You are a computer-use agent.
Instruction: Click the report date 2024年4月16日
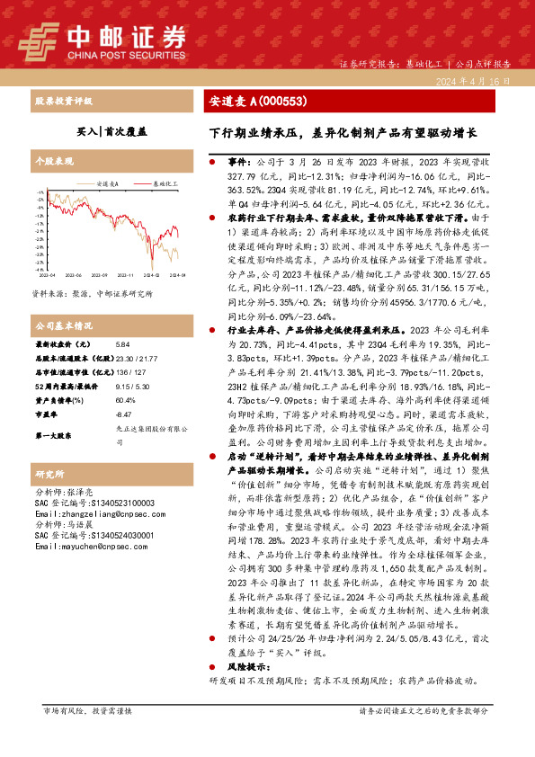[x=480, y=81]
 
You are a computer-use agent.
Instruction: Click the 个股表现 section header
[x=53, y=161]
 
